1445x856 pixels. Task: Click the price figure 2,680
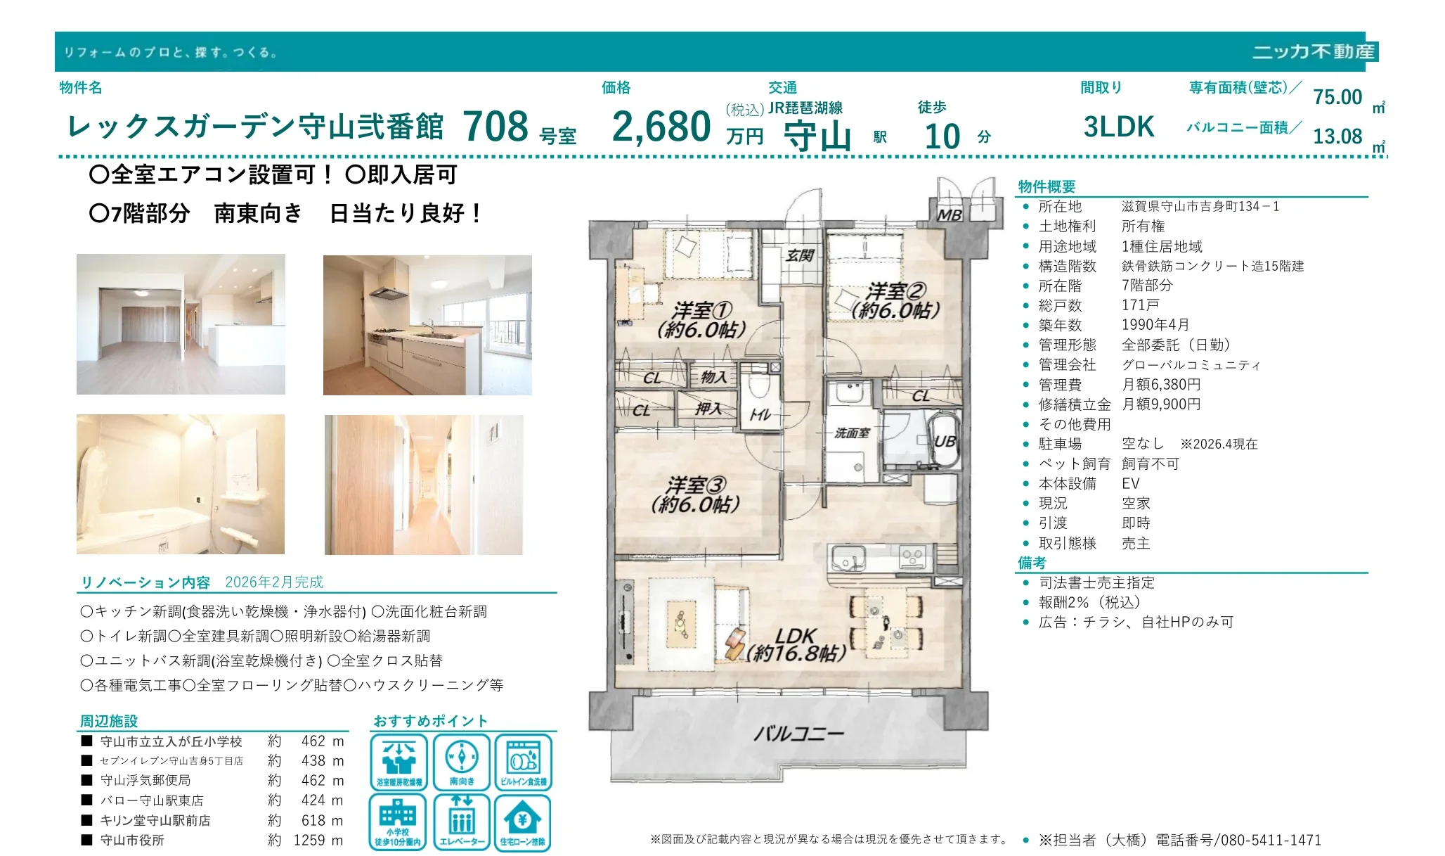[x=661, y=127]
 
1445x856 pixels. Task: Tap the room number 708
[x=495, y=127]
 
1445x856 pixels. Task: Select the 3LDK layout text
[x=1119, y=127]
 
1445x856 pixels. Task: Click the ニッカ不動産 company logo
[x=1314, y=52]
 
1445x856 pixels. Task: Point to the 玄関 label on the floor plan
[x=800, y=255]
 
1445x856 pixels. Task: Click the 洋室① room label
[x=702, y=310]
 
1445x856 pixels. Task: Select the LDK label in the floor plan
[x=796, y=636]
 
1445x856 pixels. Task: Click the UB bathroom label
[x=945, y=442]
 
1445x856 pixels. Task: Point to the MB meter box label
[x=950, y=215]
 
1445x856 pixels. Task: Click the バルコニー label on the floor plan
[x=798, y=734]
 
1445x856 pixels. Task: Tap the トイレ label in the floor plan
[x=760, y=416]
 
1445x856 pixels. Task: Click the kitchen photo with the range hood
[x=427, y=325]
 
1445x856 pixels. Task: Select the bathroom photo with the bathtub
[x=181, y=485]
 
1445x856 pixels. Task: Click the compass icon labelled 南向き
[x=462, y=762]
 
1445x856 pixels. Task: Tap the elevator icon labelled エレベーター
[x=462, y=822]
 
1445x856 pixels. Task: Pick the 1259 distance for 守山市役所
[x=309, y=840]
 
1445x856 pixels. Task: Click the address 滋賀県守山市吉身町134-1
[x=1200, y=207]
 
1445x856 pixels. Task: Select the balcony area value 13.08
[x=1337, y=136]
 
